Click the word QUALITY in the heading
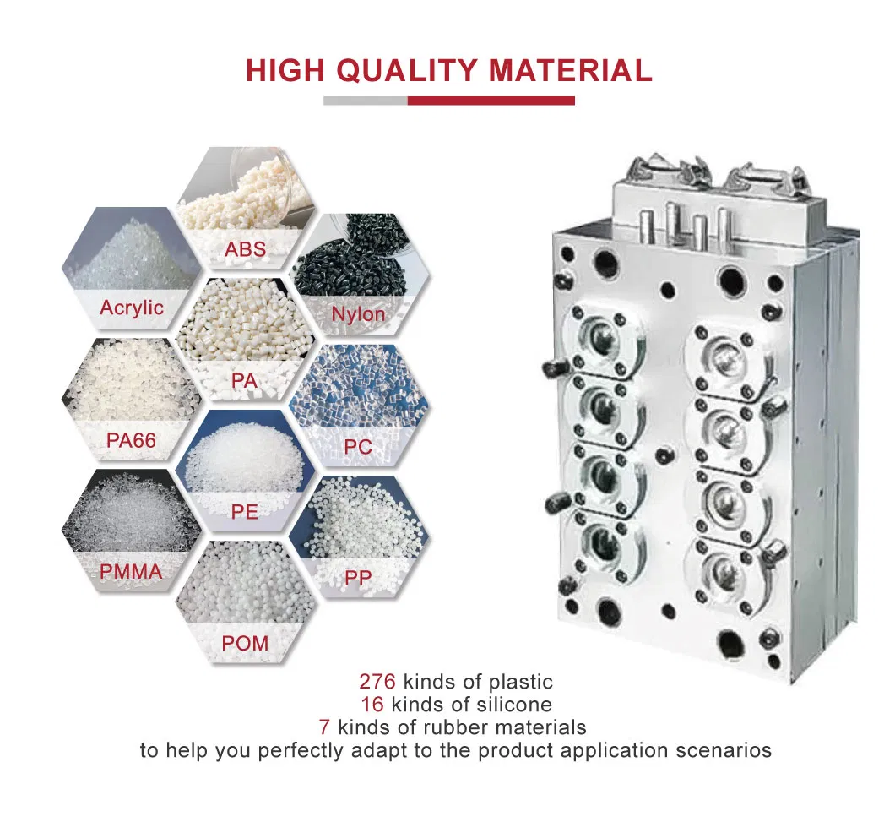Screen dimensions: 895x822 [406, 70]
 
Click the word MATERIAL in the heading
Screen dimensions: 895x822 [570, 70]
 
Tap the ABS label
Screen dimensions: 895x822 [246, 249]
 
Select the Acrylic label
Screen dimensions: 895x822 [132, 308]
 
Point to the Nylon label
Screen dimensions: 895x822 [359, 314]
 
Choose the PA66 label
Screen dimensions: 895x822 [131, 440]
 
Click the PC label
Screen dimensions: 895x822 [359, 447]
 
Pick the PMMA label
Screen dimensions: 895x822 [131, 572]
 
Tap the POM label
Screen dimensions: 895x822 [245, 643]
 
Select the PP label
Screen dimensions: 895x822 [359, 578]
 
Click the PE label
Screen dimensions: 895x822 [245, 512]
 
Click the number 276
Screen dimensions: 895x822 [377, 682]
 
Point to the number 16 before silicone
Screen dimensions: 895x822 [372, 705]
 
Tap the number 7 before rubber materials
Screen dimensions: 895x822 [324, 727]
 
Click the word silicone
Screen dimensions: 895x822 [514, 705]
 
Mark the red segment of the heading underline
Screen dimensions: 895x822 [491, 101]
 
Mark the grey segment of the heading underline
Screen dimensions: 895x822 [366, 101]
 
